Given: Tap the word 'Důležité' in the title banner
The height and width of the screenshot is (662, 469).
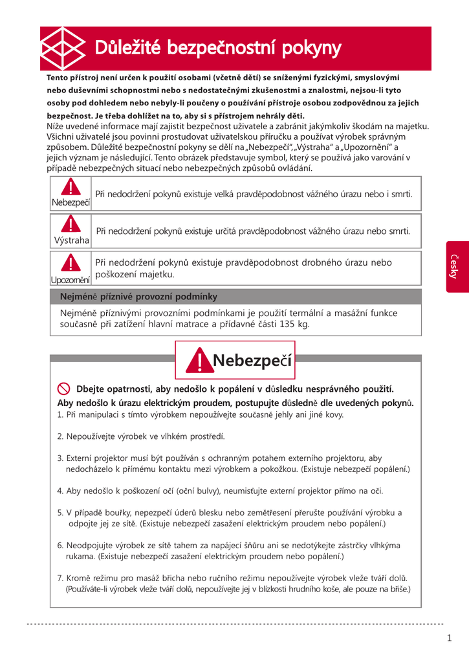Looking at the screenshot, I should click(x=127, y=48).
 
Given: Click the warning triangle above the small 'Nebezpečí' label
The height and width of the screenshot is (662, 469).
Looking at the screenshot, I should click(x=71, y=187).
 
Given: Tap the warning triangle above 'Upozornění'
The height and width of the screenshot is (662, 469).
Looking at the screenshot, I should click(x=71, y=262).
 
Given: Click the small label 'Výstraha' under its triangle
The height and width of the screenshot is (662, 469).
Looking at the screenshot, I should click(x=71, y=240).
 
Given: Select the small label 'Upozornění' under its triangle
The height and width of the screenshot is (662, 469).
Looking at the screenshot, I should click(x=71, y=280).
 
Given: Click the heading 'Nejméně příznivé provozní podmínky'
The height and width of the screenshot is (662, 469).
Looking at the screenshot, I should click(x=138, y=297).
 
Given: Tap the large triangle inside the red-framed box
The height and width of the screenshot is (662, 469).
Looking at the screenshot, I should click(x=200, y=361).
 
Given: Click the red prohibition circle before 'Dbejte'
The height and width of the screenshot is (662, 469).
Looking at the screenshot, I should click(x=64, y=389).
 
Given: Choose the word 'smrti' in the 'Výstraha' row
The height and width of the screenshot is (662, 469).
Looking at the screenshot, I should click(x=397, y=231).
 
